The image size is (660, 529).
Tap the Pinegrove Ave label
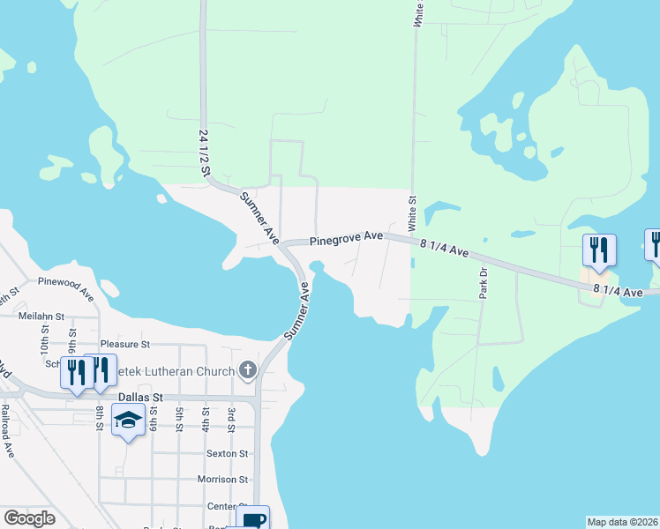(x=345, y=237)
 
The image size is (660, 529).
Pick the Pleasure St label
(x=125, y=344)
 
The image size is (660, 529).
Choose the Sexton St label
(x=227, y=453)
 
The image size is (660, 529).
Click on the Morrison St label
(x=222, y=480)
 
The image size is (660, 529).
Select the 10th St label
(x=45, y=335)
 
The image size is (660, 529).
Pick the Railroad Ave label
(x=7, y=431)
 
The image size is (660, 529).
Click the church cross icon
(x=248, y=371)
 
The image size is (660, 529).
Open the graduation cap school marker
(x=129, y=421)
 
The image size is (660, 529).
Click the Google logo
(x=29, y=518)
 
